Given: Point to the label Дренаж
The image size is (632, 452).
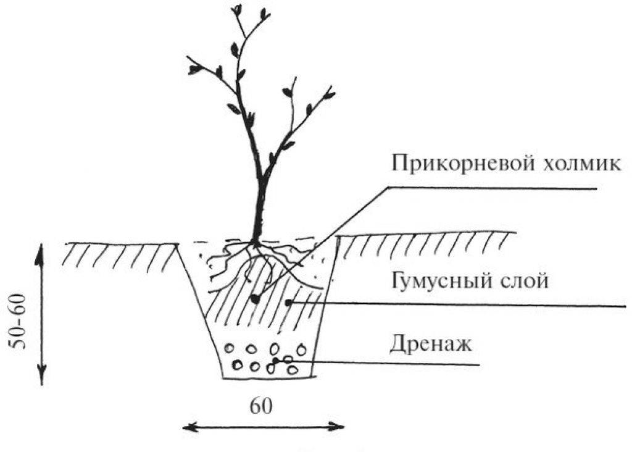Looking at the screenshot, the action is [430, 344].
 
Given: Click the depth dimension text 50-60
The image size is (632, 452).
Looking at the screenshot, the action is [19, 322].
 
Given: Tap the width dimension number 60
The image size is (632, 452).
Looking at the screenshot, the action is [261, 406].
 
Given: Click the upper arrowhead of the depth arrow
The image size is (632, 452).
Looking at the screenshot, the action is [39, 254].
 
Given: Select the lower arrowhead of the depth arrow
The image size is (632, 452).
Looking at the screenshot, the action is [42, 375].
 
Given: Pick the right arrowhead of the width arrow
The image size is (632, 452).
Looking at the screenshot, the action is [335, 426].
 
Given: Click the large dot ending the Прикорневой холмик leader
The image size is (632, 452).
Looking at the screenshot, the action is [254, 299].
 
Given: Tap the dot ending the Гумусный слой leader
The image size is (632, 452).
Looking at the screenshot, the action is [288, 301].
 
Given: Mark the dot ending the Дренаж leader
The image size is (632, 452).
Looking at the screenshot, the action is [276, 360].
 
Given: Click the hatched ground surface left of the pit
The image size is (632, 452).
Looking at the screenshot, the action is [120, 254].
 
